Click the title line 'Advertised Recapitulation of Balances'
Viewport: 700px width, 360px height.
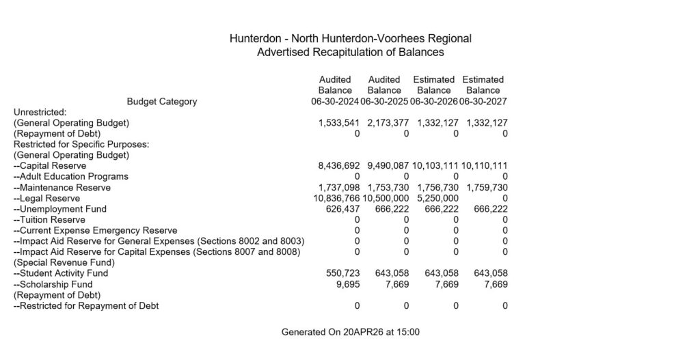tap(350, 52)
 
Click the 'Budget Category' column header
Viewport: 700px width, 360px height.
tap(162, 102)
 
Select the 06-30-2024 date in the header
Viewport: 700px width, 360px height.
tap(335, 102)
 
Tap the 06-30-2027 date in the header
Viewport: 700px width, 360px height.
tap(483, 102)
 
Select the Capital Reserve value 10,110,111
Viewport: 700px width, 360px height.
tap(483, 166)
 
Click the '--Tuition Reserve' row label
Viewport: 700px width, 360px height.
tap(49, 220)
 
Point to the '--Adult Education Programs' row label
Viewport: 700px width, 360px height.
tap(71, 177)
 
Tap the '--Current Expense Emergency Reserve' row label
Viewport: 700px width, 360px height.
tap(95, 231)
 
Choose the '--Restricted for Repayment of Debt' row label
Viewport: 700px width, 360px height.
tap(86, 306)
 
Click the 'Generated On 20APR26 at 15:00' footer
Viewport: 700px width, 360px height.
tap(350, 333)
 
